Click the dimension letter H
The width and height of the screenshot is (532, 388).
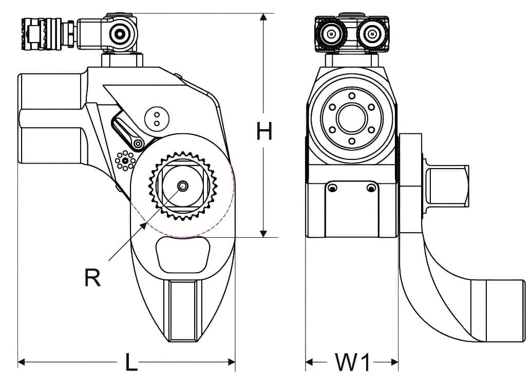click(x=264, y=132)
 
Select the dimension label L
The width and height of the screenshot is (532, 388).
click(x=131, y=362)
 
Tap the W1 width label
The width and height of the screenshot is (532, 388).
click(x=352, y=362)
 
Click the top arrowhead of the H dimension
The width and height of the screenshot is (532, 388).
click(x=263, y=17)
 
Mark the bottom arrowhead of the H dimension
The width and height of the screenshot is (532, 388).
click(x=263, y=234)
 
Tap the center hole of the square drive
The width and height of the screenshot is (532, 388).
click(x=182, y=185)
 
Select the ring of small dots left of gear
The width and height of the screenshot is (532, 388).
click(x=125, y=161)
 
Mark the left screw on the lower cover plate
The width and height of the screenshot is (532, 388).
click(x=333, y=189)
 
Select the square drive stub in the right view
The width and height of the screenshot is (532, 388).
click(x=447, y=185)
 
